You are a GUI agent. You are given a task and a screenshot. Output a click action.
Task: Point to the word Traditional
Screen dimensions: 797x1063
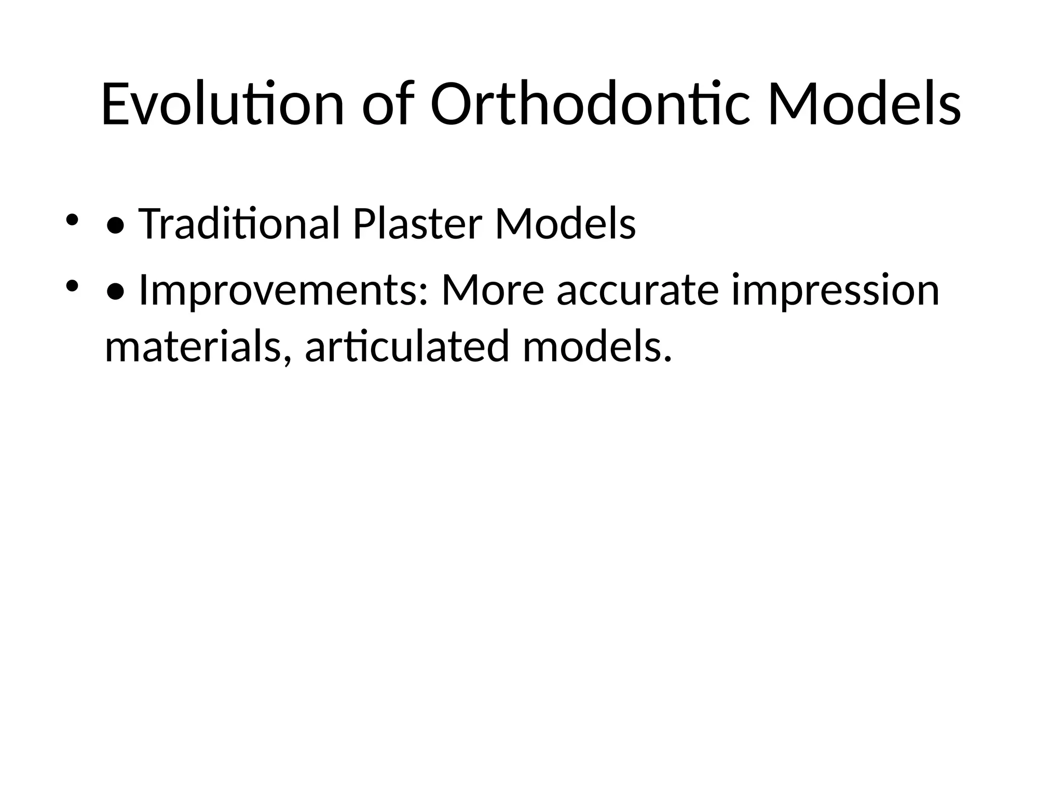pos(239,224)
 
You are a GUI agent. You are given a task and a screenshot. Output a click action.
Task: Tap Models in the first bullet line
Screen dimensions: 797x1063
pos(565,224)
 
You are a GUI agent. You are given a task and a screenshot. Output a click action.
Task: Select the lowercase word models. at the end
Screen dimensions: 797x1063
pos(597,348)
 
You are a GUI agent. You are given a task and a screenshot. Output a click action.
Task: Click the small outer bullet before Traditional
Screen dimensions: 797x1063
pos(72,219)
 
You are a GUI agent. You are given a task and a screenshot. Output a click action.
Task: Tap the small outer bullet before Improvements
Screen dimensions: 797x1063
pos(72,285)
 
